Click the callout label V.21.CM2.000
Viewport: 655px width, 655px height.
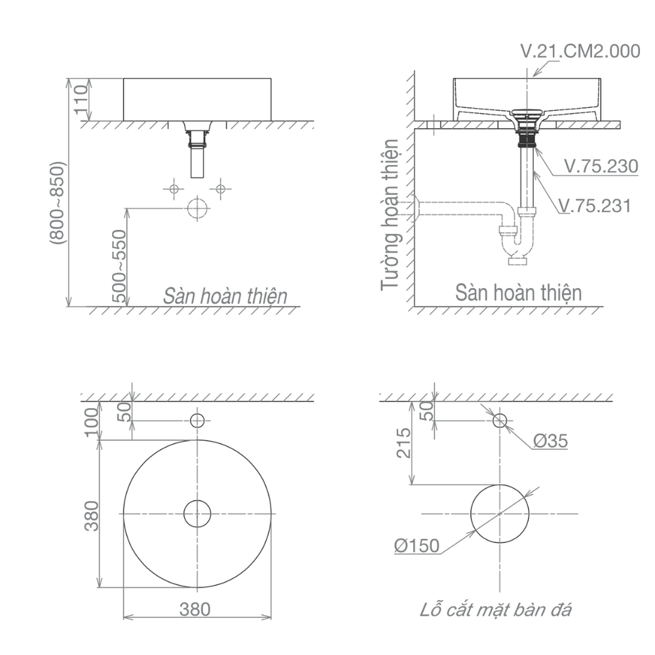coord(579,51)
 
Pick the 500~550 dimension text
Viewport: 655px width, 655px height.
coord(119,266)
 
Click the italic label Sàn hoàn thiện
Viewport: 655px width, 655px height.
coord(225,295)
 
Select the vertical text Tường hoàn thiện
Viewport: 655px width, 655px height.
coord(391,214)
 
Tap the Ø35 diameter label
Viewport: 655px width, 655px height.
coord(550,441)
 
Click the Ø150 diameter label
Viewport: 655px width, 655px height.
coord(417,546)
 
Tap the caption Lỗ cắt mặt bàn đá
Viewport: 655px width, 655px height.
coord(496,610)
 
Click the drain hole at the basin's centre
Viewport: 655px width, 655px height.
coord(197,514)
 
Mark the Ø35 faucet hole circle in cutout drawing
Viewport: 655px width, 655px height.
coord(500,421)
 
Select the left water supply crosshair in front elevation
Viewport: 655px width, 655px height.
coord(174,189)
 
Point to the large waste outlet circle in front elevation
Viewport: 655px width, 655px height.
coord(197,209)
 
